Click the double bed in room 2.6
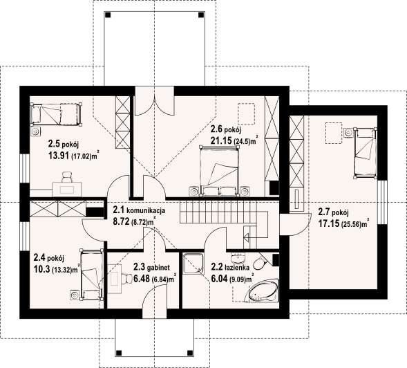click(223, 169)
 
